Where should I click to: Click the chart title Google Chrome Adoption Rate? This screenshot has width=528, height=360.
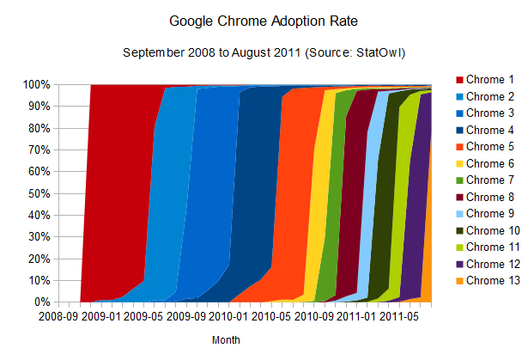tap(264, 19)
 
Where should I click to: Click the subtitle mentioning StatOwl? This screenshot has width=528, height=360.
tap(264, 53)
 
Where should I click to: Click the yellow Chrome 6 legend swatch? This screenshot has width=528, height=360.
tap(458, 163)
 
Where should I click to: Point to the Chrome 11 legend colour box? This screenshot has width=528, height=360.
tap(458, 247)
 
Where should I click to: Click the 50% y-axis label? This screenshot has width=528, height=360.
tap(37, 193)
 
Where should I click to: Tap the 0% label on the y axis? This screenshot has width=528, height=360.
tap(40, 302)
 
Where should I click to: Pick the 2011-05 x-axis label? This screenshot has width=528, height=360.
tap(398, 317)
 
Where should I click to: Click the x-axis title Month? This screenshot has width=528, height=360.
tap(226, 340)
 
